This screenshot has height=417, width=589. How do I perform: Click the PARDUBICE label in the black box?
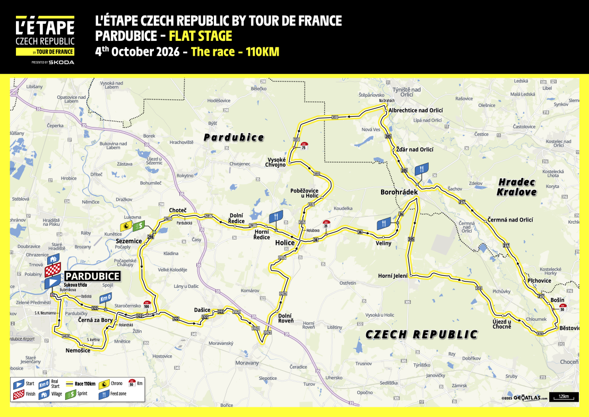click(92, 276)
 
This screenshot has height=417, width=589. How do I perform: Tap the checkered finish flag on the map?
click(53, 270)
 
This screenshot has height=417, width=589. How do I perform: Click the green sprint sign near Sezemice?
click(138, 226)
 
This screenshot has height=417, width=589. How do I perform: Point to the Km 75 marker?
click(304, 146)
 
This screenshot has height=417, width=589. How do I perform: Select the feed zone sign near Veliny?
click(384, 224)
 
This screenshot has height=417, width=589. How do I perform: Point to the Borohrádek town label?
click(399, 191)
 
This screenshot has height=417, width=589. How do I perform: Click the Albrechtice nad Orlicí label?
click(415, 110)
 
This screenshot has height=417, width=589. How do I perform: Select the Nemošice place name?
click(78, 351)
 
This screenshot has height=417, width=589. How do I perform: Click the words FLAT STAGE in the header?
click(201, 36)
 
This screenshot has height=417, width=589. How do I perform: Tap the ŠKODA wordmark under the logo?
click(62, 62)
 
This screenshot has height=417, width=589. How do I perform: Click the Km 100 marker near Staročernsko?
click(147, 305)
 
